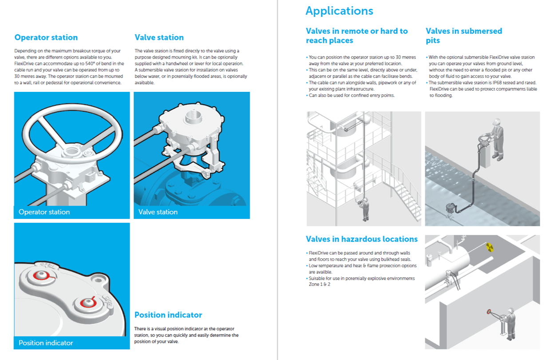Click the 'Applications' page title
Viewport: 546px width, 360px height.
click(339, 11)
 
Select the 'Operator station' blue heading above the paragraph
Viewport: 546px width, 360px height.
click(46, 37)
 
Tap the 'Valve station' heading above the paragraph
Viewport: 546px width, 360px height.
click(159, 37)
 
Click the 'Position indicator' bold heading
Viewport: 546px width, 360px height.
click(168, 315)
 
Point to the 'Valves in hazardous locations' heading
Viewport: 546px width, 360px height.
click(362, 239)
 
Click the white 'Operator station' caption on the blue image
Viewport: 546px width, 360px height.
click(44, 212)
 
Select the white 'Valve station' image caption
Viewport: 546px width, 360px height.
click(158, 212)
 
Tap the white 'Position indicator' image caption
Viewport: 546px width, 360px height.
click(46, 343)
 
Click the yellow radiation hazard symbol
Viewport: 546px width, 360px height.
click(490, 247)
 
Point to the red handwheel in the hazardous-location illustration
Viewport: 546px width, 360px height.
click(489, 312)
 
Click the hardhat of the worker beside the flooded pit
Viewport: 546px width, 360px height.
click(497, 121)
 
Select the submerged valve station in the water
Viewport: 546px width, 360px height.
click(451, 208)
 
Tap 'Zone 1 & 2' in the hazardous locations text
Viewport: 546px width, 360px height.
click(320, 284)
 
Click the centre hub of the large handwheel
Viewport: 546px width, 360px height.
click(71, 151)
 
